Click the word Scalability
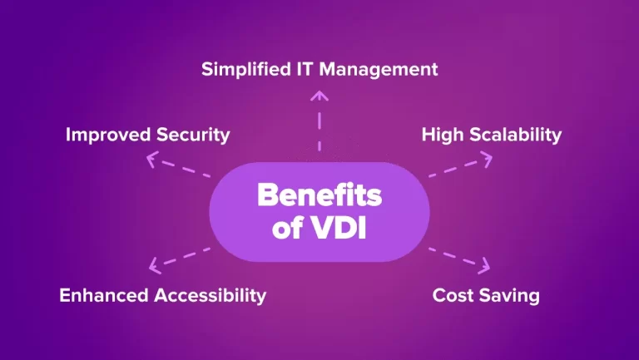pyautogui.click(x=515, y=135)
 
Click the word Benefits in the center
pyautogui.click(x=319, y=196)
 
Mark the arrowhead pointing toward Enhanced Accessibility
pyautogui.click(x=153, y=267)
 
